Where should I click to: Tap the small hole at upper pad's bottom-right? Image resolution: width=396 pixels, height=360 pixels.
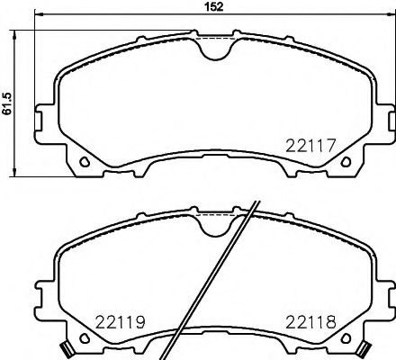click(345, 163)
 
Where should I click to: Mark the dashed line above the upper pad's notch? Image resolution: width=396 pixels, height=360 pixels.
click(214, 38)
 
